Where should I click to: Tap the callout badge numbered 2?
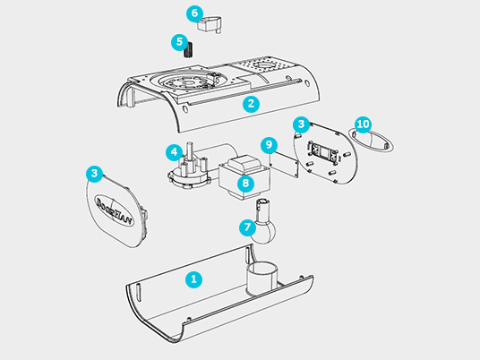pos(252,103)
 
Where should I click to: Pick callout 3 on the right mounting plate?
pos(302,123)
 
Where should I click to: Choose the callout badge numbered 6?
pos(194,13)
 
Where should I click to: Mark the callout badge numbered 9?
pos(266,145)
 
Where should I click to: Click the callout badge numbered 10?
pos(363,123)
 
